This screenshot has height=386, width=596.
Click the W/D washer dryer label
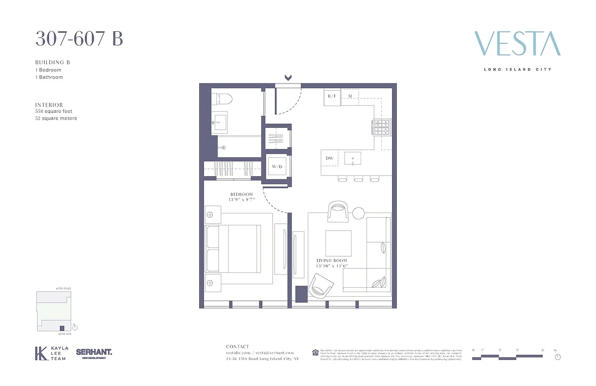pyautogui.click(x=277, y=167)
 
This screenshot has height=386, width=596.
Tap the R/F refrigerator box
pyautogui.click(x=332, y=96)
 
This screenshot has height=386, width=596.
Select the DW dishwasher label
pyautogui.click(x=330, y=158)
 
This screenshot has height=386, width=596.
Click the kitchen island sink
pyautogui.click(x=353, y=158)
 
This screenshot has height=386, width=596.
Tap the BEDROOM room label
pyautogui.click(x=242, y=194)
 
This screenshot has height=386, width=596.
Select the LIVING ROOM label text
pyautogui.click(x=331, y=261)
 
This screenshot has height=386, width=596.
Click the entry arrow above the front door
pyautogui.click(x=288, y=78)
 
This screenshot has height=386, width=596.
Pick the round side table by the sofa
pyautogui.click(x=358, y=213)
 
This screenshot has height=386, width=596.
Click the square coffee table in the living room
pyautogui.click(x=338, y=244)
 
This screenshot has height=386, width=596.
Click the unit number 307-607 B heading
pyautogui.click(x=79, y=38)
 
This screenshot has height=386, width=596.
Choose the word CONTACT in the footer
pyautogui.click(x=238, y=346)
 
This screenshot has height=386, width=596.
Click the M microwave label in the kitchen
pyautogui.click(x=351, y=96)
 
